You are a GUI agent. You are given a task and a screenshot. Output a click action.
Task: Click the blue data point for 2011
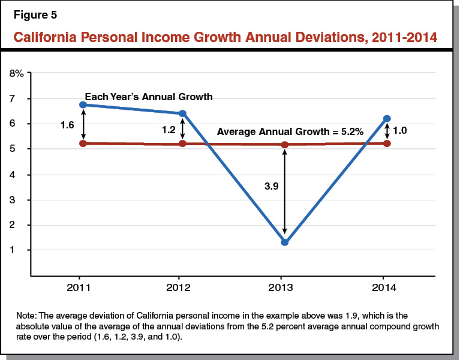(x=83, y=105)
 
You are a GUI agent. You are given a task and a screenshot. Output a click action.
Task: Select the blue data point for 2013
(x=284, y=242)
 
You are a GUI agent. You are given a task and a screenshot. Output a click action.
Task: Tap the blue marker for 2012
(x=182, y=113)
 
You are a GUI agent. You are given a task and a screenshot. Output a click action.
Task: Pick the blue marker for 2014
(x=387, y=119)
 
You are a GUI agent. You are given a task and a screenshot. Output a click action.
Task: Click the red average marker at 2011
(x=83, y=143)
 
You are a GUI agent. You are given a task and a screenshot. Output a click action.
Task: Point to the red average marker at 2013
(x=284, y=145)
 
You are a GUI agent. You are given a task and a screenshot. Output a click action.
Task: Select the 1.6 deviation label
(x=68, y=125)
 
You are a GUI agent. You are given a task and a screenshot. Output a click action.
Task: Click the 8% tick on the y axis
(x=16, y=73)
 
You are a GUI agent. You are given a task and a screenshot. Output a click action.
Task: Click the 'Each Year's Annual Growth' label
(x=149, y=97)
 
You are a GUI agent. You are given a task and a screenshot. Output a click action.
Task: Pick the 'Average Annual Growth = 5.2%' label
(x=290, y=131)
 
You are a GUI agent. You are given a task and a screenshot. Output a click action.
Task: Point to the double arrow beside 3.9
(x=284, y=192)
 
